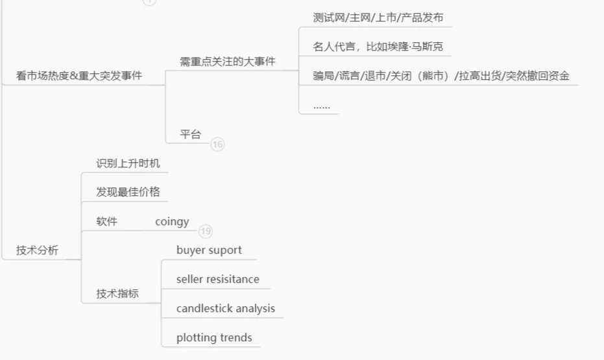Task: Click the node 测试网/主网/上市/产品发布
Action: pos(378,18)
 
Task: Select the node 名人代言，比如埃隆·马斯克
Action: pos(378,47)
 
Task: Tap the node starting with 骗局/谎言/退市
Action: pos(441,76)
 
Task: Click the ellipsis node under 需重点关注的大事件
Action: pos(321,105)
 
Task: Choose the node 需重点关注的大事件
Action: pos(227,62)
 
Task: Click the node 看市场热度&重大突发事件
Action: pos(79,76)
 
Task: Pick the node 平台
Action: pos(191,134)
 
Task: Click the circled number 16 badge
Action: pos(217,145)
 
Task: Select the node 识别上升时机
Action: pos(128,163)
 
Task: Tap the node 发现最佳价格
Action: pos(128,192)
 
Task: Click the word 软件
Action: pos(107,221)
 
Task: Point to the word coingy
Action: pos(172,222)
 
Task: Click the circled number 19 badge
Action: pos(206,231)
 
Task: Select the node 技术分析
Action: pos(37,250)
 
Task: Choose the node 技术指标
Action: pos(117,293)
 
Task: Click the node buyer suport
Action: pos(209,250)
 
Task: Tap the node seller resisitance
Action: pos(217,280)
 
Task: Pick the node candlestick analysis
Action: pos(226,309)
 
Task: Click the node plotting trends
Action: pos(214,338)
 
